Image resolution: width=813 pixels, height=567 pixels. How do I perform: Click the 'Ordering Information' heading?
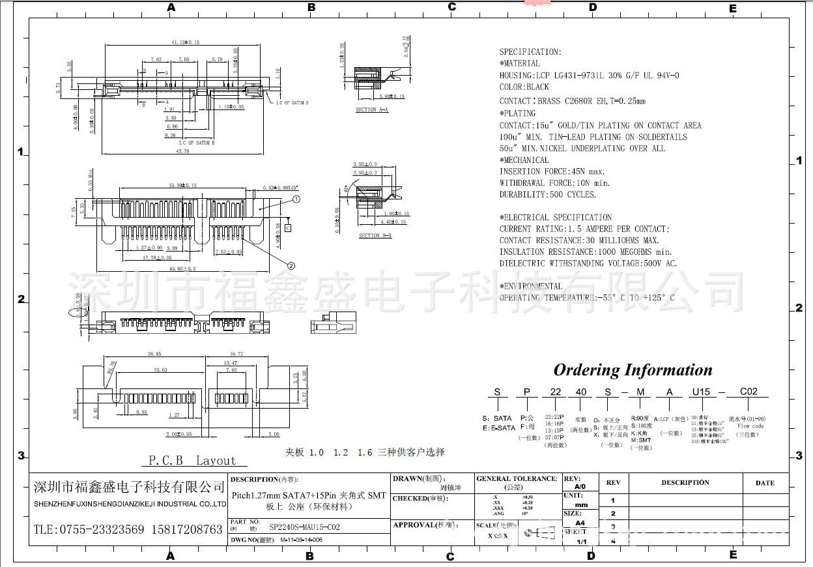[633, 370]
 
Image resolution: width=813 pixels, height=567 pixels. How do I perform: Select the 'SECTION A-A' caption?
[371, 109]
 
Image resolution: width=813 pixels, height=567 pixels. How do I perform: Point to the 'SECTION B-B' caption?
[375, 235]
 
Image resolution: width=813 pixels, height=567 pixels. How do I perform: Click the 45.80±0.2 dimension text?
[182, 268]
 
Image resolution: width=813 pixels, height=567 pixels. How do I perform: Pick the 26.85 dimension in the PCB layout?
[154, 354]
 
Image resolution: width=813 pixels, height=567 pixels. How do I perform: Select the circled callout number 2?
[291, 265]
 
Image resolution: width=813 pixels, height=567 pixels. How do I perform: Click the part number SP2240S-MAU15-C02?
[304, 527]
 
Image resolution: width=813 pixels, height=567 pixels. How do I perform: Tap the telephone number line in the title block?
[128, 529]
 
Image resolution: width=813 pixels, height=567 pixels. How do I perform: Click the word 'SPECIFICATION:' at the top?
[530, 52]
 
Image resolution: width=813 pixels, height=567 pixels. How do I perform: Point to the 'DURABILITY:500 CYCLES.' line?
[547, 194]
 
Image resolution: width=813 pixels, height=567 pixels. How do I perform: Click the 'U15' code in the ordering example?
[701, 392]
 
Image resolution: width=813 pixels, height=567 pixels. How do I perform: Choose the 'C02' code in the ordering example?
[749, 392]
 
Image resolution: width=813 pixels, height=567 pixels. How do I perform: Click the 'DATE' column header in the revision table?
[765, 483]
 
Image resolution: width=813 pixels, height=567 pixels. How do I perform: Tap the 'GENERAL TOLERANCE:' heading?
[517, 478]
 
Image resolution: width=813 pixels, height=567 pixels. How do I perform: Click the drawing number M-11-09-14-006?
[301, 540]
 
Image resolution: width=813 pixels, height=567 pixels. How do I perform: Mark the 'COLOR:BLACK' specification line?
[524, 87]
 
